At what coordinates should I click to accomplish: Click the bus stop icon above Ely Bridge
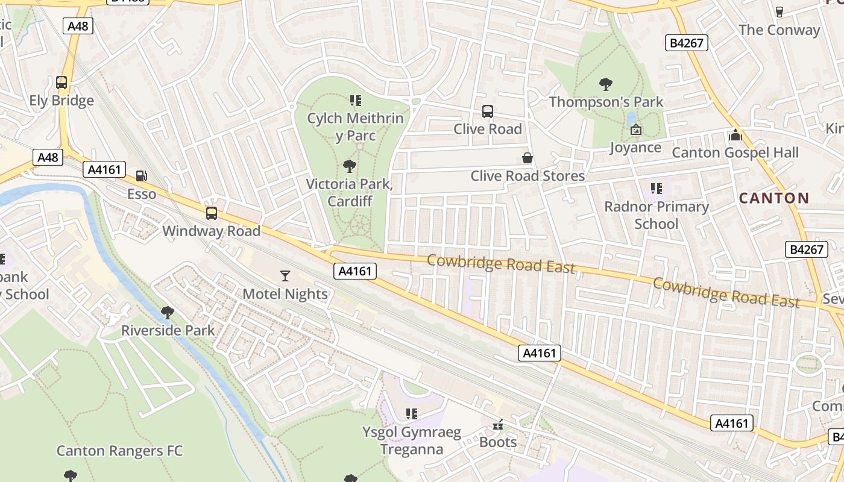[61, 83]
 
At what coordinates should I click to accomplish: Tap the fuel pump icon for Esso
[142, 176]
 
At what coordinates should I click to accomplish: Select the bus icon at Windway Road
[211, 213]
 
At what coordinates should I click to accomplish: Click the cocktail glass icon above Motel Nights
[285, 276]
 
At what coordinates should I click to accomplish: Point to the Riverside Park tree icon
[168, 312]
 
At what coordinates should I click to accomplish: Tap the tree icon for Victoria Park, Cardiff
[349, 166]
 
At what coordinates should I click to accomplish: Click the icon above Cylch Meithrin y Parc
[355, 100]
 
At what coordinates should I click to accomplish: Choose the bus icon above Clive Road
[488, 111]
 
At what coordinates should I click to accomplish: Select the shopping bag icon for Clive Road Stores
[527, 158]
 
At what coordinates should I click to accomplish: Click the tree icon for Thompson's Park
[606, 84]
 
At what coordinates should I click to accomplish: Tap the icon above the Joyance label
[635, 130]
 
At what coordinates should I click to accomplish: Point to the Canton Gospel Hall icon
[735, 135]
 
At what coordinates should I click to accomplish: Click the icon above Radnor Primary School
[657, 189]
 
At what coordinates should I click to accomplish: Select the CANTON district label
[773, 198]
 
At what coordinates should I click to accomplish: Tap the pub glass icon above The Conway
[779, 12]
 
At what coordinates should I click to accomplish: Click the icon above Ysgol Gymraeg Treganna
[412, 414]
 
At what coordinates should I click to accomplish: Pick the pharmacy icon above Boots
[498, 425]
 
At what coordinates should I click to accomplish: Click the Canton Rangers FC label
[119, 451]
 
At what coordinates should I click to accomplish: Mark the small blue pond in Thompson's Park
[631, 117]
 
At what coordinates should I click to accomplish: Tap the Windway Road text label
[211, 231]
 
